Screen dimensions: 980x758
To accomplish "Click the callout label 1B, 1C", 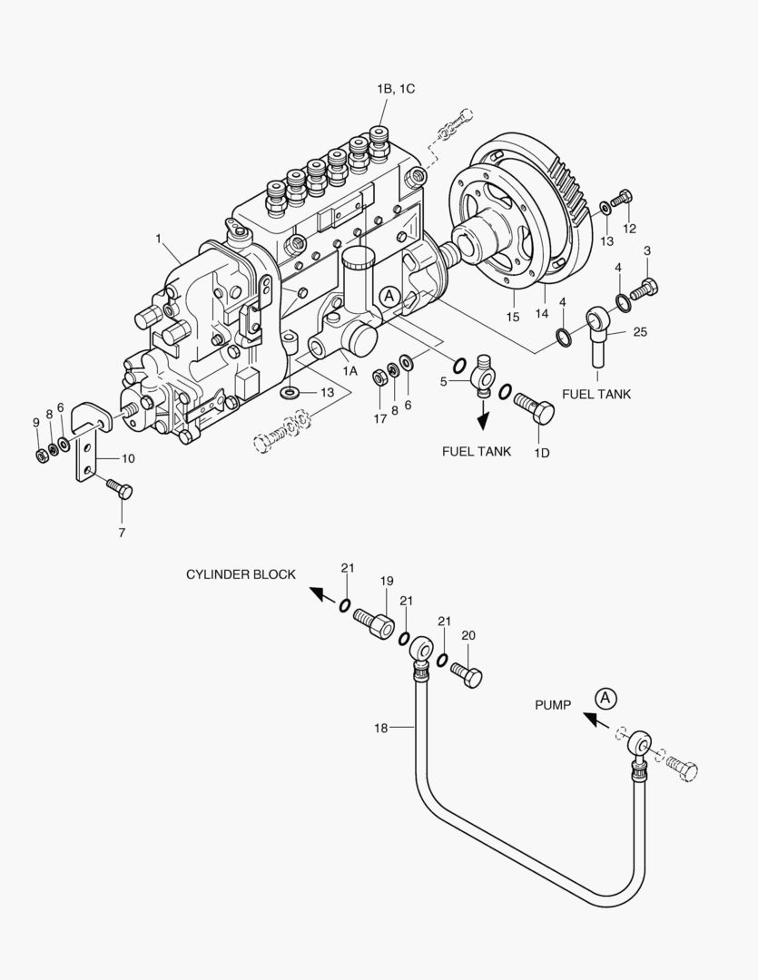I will tap(396, 88).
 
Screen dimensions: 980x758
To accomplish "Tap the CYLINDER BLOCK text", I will tap(241, 574).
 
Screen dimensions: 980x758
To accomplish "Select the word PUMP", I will tap(552, 705).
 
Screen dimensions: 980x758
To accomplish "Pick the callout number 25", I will tap(640, 332).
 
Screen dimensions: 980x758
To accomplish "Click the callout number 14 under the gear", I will tap(543, 313).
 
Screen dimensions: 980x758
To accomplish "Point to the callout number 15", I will tap(513, 317).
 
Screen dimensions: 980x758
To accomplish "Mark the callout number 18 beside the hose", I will tap(382, 728).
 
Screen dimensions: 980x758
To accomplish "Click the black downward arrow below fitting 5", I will tap(483, 418).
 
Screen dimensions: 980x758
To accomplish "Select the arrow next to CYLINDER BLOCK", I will tap(318, 594).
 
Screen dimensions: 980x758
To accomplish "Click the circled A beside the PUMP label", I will tap(605, 698).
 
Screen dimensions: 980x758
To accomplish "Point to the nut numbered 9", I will tap(42, 452).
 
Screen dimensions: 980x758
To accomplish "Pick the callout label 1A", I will tap(349, 371).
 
